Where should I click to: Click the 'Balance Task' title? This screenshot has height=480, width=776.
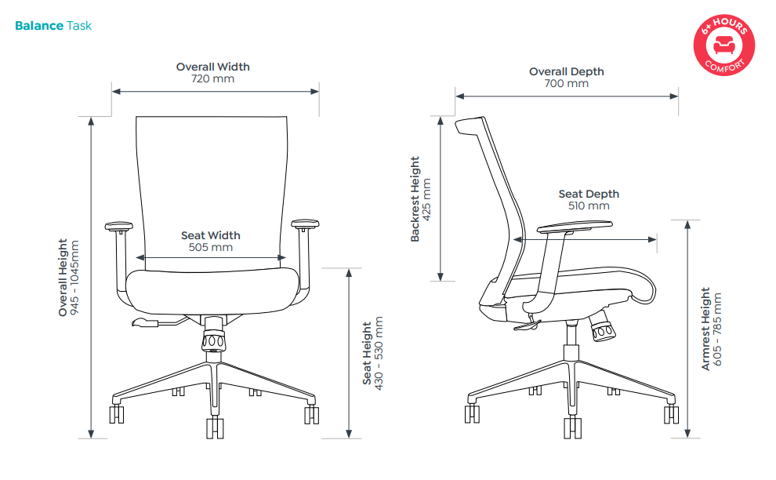(x=53, y=26)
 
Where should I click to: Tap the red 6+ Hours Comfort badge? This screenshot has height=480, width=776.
(x=724, y=45)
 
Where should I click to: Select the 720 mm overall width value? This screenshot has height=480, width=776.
(x=212, y=78)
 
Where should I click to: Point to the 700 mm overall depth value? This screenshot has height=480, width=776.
(x=567, y=83)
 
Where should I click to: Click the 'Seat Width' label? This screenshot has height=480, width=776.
(x=211, y=235)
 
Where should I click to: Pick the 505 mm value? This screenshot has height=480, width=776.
(x=211, y=247)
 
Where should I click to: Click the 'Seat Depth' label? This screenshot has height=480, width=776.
(x=589, y=194)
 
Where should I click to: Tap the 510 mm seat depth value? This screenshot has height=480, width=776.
(x=589, y=205)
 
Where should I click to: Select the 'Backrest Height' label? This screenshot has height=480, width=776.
(x=415, y=199)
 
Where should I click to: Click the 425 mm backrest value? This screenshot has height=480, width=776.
(x=426, y=199)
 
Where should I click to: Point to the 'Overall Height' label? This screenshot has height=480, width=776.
(x=63, y=278)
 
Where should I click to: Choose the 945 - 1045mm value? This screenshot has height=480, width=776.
(x=74, y=278)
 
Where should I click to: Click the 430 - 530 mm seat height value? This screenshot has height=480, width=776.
(x=379, y=353)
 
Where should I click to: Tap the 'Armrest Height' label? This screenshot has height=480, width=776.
(x=705, y=329)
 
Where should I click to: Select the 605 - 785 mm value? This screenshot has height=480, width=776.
(x=717, y=329)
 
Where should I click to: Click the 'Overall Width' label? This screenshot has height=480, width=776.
(x=212, y=67)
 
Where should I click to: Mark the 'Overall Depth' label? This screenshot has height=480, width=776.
(x=567, y=71)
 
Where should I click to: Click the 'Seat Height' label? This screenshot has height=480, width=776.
(x=367, y=353)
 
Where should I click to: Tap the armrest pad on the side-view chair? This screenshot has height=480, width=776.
(x=575, y=227)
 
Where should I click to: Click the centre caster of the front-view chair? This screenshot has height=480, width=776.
(x=215, y=428)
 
